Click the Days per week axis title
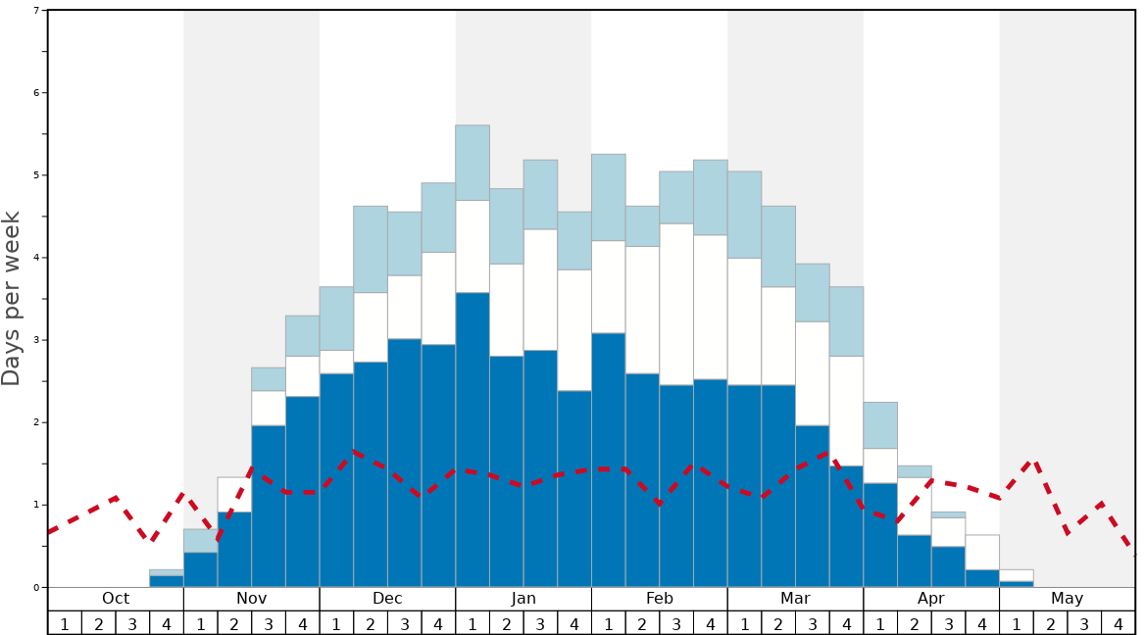12,299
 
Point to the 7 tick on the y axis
36,11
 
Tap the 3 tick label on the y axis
36,340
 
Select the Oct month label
116,599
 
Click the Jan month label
523,599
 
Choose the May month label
1068,599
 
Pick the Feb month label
660,599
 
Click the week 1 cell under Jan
473,623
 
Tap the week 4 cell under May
1119,623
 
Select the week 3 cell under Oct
132,623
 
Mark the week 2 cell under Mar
778,623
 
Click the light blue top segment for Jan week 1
473,163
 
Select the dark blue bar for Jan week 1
473,441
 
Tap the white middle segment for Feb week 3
676,304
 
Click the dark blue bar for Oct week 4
167,581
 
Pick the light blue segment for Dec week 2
371,249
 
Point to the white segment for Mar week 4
846,411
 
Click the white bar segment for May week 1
1017,575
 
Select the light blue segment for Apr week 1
880,425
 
